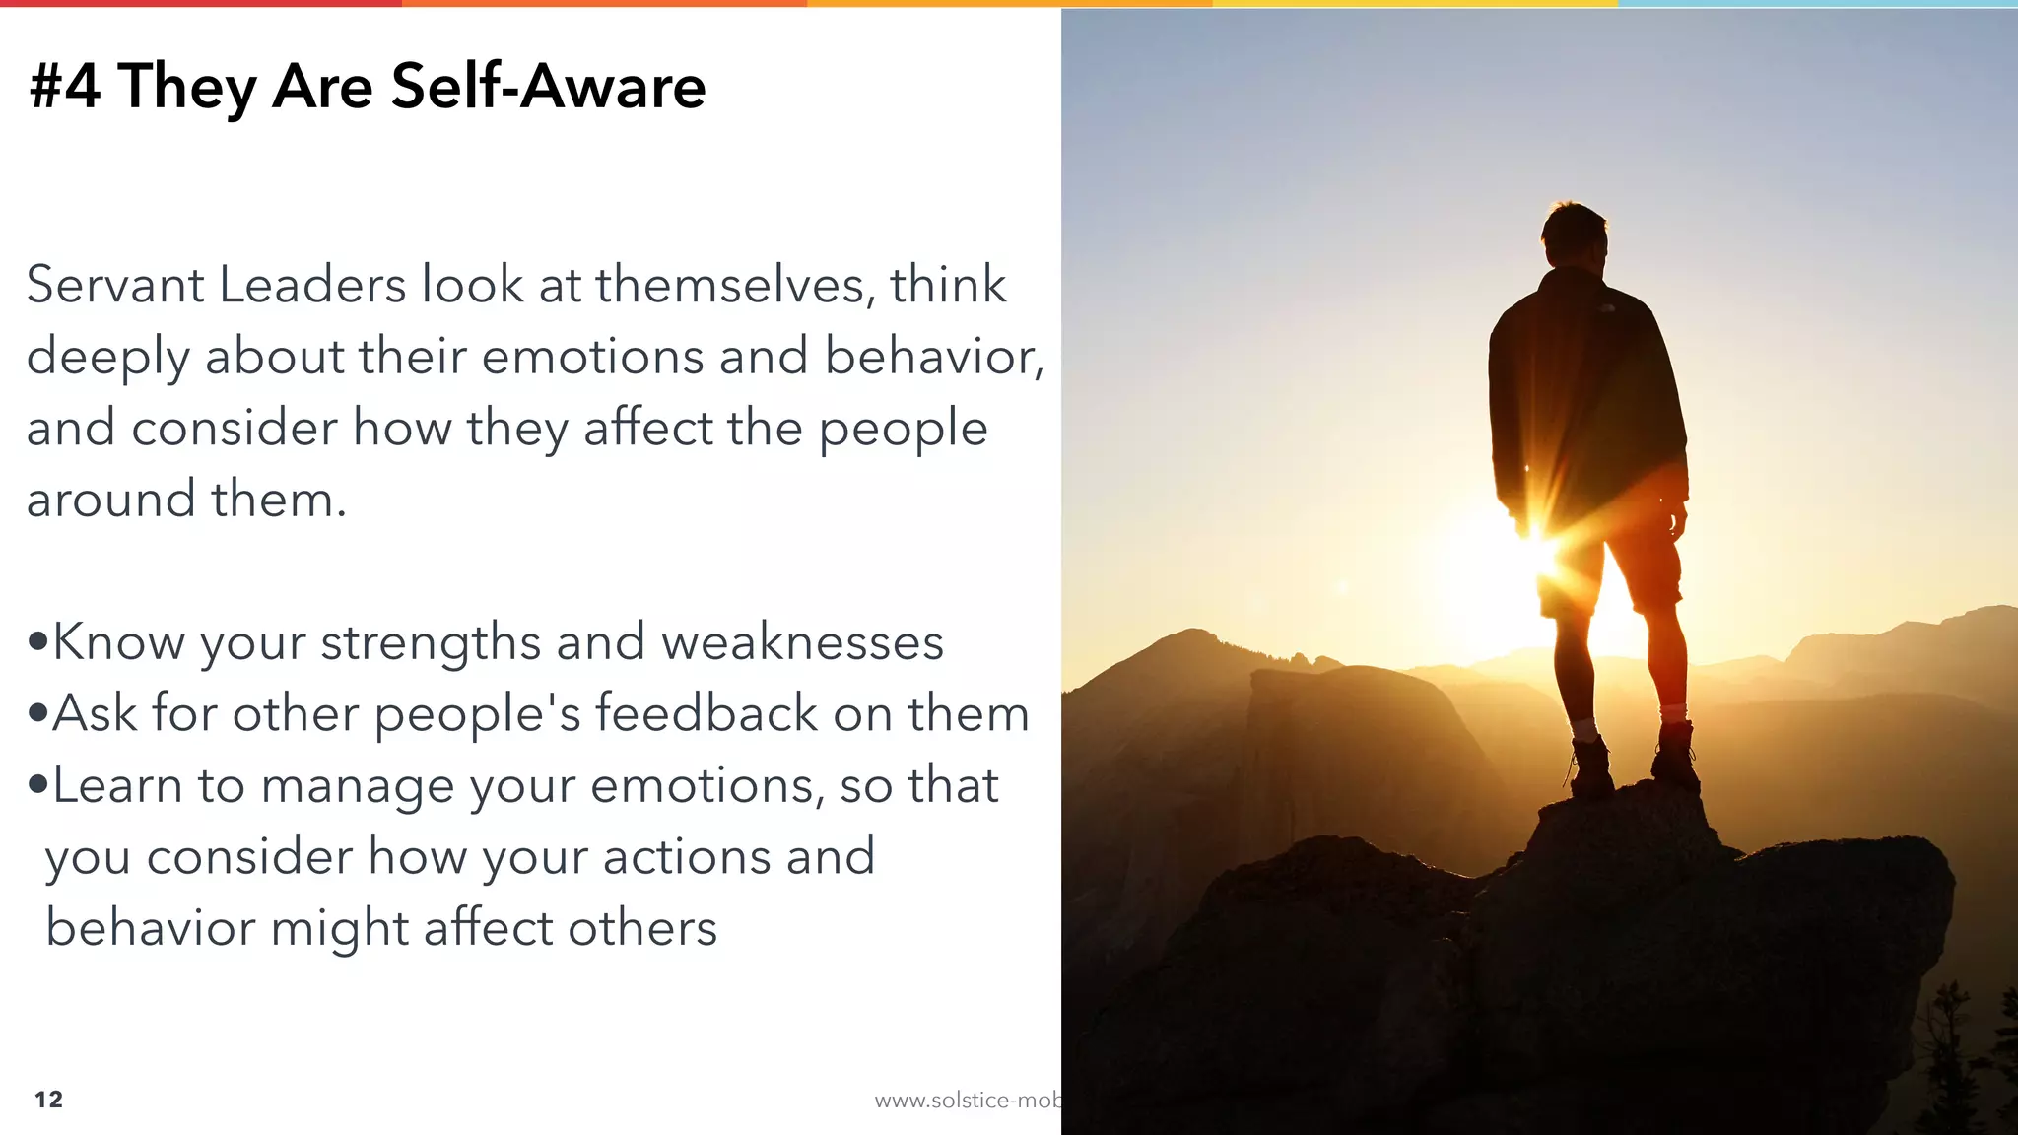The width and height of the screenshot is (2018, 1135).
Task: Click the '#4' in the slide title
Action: coord(65,86)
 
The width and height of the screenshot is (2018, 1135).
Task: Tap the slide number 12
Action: coord(48,1100)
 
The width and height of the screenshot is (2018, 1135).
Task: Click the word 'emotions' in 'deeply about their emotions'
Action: coord(592,356)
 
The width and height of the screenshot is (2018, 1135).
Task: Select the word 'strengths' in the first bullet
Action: coord(431,642)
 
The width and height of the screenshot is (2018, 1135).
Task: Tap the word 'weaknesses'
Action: coord(802,642)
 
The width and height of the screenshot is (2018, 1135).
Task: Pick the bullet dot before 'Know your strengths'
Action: coord(38,642)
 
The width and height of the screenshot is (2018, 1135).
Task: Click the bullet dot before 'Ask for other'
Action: coord(38,713)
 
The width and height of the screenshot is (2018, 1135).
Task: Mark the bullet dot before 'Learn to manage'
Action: coord(38,785)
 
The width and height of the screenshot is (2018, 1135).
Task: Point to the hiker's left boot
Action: coord(1590,768)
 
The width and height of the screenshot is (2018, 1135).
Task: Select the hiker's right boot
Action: coord(1675,754)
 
